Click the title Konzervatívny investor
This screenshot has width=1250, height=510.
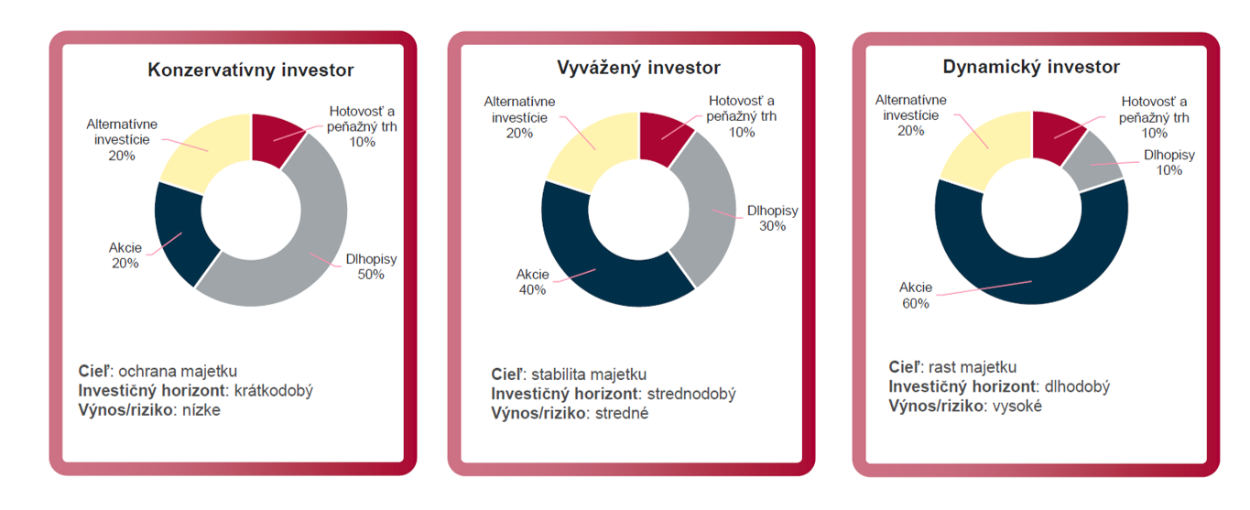tap(251, 71)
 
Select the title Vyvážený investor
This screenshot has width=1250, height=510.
tap(639, 68)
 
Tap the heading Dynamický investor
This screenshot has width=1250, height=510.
tap(1031, 67)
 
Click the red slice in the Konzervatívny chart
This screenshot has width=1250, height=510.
tap(273, 137)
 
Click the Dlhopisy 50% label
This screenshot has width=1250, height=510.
tap(371, 266)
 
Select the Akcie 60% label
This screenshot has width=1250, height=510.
tap(915, 295)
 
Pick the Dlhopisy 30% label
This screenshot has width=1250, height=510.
tap(772, 218)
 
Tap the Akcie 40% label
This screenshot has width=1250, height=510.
tap(532, 282)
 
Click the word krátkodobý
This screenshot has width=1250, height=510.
tap(274, 391)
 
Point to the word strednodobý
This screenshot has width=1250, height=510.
tap(691, 394)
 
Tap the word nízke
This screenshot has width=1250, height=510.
tap(202, 410)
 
